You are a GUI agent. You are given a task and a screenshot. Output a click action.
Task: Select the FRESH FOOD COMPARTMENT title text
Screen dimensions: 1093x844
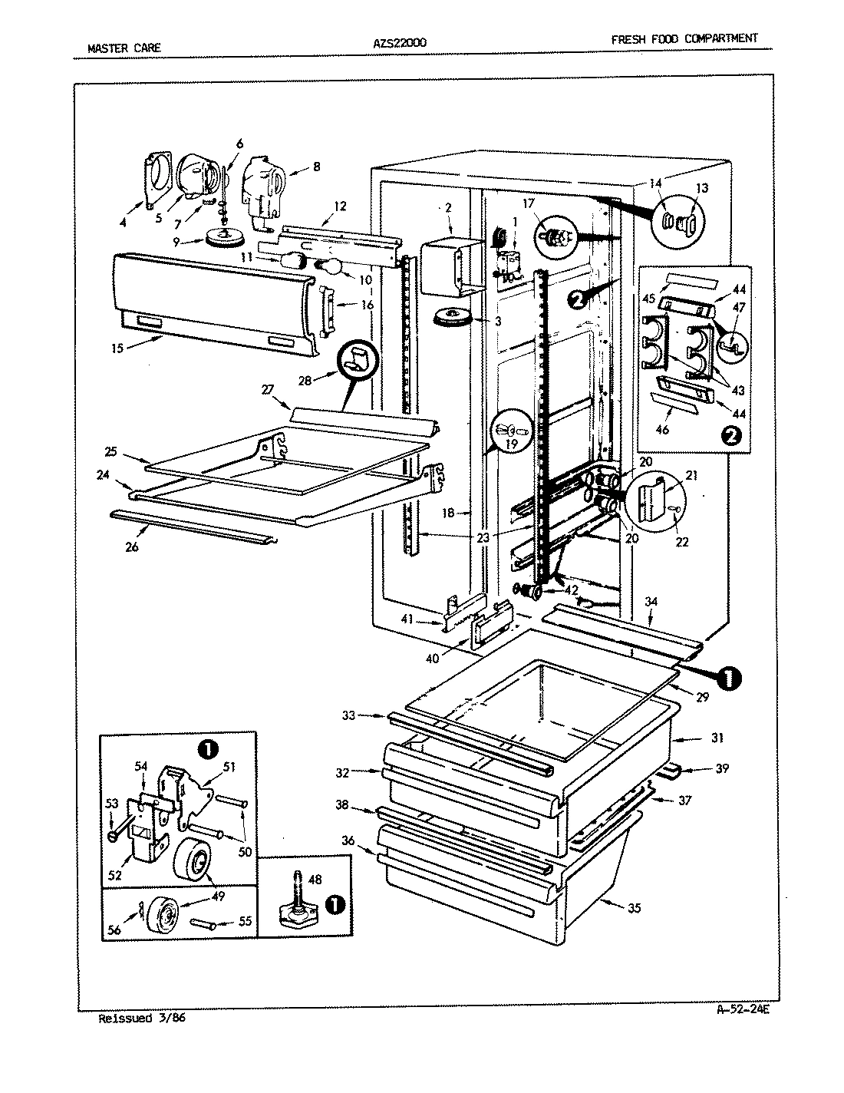click(684, 38)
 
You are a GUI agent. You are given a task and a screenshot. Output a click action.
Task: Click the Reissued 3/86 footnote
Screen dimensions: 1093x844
click(143, 1019)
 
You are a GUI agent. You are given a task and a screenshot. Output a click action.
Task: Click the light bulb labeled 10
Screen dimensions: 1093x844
click(330, 268)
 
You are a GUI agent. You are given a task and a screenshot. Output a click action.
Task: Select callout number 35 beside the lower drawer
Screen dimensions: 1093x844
click(634, 909)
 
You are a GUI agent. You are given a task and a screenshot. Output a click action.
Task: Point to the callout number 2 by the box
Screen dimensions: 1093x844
click(448, 207)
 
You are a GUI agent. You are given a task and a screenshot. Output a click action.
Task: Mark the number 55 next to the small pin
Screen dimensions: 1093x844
click(245, 922)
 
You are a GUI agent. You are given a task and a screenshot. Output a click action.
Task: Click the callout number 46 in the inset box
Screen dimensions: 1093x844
click(662, 430)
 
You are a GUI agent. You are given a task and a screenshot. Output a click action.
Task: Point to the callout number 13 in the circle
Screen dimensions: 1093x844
click(702, 188)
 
